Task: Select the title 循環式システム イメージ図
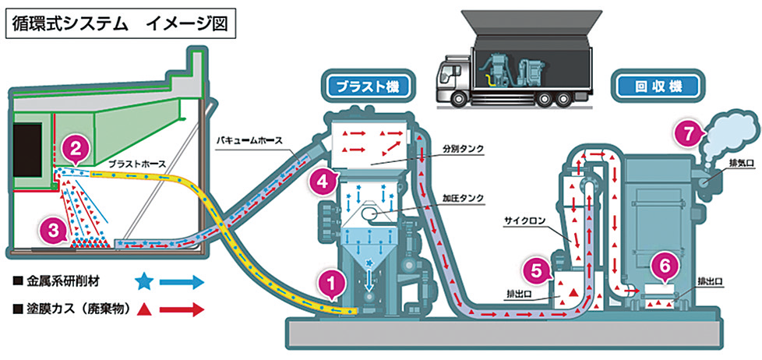(x=119, y=23)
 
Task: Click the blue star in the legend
(x=143, y=281)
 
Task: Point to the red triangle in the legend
(x=143, y=309)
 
